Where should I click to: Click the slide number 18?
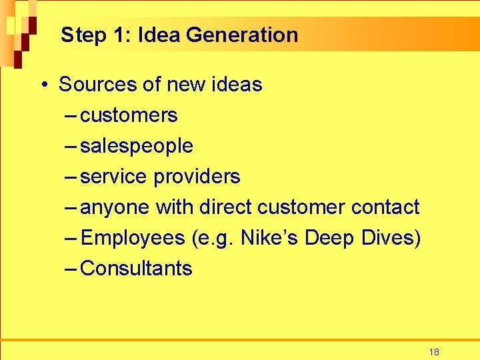(x=434, y=352)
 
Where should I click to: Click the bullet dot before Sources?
(x=43, y=85)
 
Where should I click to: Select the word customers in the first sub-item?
(x=129, y=115)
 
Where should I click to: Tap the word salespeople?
(x=137, y=146)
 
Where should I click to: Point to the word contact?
(x=385, y=207)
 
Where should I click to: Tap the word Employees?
(x=132, y=238)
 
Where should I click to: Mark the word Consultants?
(x=136, y=269)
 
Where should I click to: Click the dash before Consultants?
(x=71, y=269)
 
